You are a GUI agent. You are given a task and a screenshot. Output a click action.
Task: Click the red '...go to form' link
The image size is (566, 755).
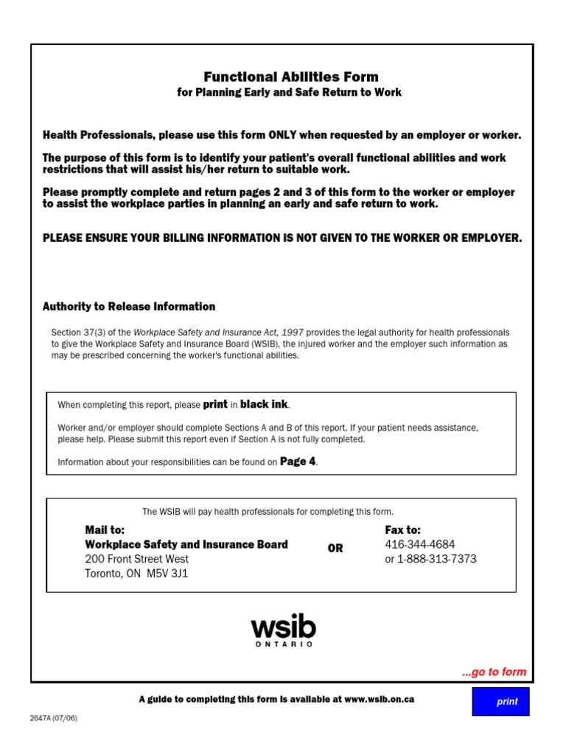tap(494, 672)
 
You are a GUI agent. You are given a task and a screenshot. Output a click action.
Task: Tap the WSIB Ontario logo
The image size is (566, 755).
tap(284, 631)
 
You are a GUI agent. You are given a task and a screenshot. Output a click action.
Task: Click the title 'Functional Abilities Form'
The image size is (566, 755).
tap(290, 77)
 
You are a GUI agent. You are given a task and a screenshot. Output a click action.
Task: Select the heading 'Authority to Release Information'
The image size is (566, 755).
tap(129, 307)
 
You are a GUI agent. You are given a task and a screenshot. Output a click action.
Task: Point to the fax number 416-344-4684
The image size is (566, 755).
tap(420, 545)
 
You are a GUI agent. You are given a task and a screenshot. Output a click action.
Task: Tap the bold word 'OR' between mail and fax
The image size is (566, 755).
tap(335, 549)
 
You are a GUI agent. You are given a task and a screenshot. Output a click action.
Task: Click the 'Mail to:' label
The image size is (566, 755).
tap(105, 530)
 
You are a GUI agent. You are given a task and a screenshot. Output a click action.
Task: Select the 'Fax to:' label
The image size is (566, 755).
tap(403, 530)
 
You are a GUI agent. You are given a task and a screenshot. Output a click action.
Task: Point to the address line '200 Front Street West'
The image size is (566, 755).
tap(136, 559)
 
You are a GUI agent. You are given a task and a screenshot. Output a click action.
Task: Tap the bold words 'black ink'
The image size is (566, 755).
tap(265, 404)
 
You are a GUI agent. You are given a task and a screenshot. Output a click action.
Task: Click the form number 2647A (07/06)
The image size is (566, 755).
tap(54, 719)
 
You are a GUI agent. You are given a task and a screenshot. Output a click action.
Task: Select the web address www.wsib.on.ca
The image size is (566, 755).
tap(379, 699)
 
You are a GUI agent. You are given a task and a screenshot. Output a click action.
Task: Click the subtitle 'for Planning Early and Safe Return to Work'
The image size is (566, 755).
tap(290, 92)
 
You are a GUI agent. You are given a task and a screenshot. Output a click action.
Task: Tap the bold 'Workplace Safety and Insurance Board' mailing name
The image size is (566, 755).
tap(186, 545)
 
